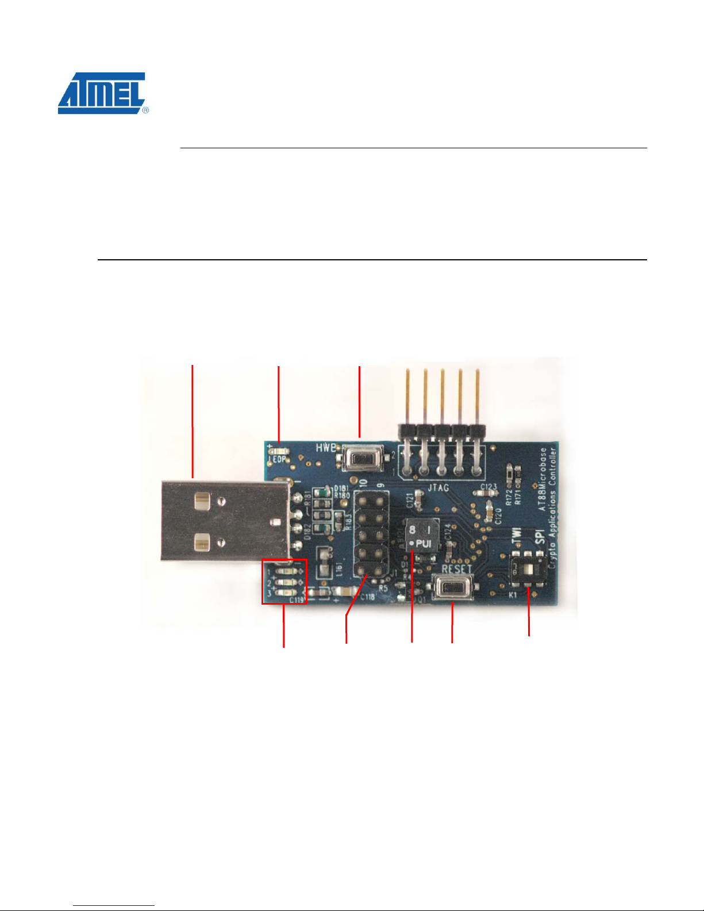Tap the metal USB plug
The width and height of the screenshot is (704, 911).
[x=224, y=521]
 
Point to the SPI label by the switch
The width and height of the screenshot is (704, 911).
[x=539, y=536]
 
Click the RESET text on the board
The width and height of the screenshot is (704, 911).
[x=456, y=570]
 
